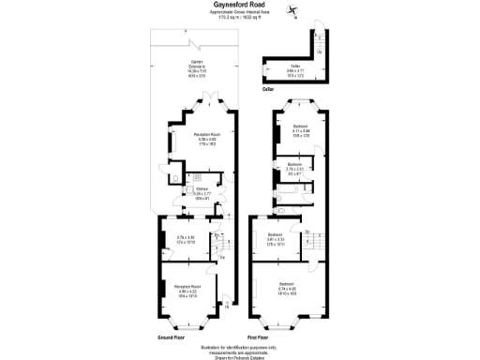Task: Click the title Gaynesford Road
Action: pos(240,4)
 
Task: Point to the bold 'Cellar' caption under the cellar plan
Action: pos(268,88)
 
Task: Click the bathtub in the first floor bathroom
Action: pos(287,198)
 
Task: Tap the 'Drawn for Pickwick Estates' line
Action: pos(240,354)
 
